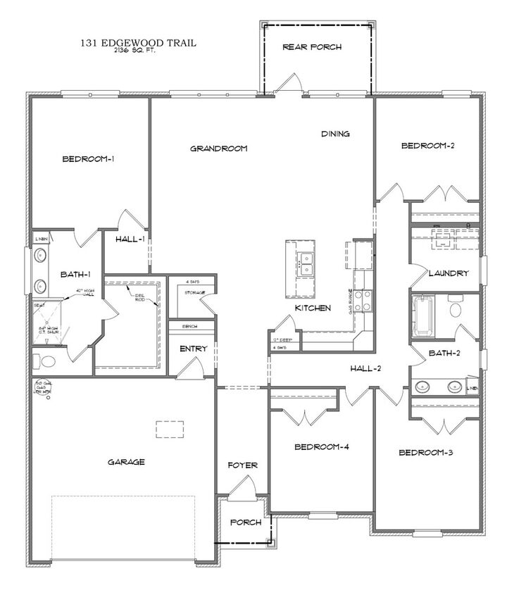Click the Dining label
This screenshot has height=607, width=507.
click(x=336, y=134)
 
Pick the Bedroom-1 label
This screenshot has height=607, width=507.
click(x=88, y=158)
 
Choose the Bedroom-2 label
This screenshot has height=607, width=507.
click(x=427, y=146)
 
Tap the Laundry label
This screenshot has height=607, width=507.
click(x=449, y=273)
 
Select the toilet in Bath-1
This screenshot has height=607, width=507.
click(x=46, y=362)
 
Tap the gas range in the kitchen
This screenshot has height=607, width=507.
click(x=363, y=301)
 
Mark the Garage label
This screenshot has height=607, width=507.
click(x=126, y=462)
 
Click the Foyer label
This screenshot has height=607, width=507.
click(x=242, y=465)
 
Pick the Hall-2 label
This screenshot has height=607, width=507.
click(x=366, y=368)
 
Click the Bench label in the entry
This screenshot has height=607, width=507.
click(x=189, y=327)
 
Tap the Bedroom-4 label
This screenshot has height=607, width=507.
click(x=321, y=446)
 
